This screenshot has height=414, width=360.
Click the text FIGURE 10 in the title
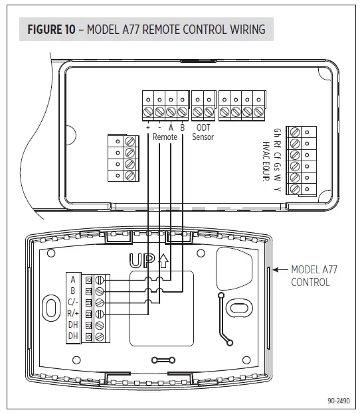click(54, 29)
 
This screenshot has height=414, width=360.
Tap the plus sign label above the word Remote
click(147, 127)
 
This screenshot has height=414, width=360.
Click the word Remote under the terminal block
click(165, 137)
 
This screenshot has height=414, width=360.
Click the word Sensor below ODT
click(203, 137)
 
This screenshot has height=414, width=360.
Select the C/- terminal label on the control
click(72, 303)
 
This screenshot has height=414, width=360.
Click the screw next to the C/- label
click(100, 303)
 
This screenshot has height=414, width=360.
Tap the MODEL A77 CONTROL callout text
click(310, 275)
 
